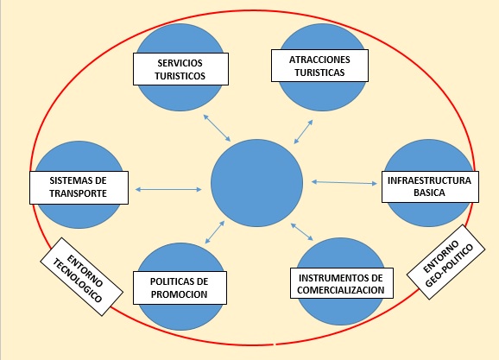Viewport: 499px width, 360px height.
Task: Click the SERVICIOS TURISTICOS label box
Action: pyautogui.click(x=180, y=69)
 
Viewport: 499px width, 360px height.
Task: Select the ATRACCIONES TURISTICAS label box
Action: pyautogui.click(x=319, y=66)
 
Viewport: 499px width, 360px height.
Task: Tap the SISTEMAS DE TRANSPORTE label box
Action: pyautogui.click(x=79, y=187)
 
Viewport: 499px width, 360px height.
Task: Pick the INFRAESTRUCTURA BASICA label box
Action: pyautogui.click(x=430, y=186)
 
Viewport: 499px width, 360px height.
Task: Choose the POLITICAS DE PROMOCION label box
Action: pyautogui.click(x=180, y=287)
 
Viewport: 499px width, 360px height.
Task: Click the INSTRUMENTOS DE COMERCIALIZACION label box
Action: pyautogui.click(x=342, y=283)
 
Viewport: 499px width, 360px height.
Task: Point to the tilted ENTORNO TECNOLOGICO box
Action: pyautogui.click(x=81, y=276)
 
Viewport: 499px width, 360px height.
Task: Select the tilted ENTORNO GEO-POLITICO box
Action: pyautogui.click(x=445, y=262)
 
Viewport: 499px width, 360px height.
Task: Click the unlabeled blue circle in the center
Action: pyautogui.click(x=256, y=183)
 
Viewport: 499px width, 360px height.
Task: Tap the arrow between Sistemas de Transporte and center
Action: pyautogui.click(x=168, y=189)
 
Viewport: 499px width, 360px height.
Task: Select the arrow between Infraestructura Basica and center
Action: pyautogui.click(x=344, y=183)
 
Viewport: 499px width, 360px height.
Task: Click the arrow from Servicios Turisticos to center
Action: pyautogui.click(x=217, y=128)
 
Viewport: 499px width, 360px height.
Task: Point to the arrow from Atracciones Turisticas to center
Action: pyautogui.click(x=303, y=132)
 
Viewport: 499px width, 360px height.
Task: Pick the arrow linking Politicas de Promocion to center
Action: pyautogui.click(x=215, y=232)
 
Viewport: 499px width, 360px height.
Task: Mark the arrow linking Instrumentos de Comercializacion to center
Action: pyautogui.click(x=302, y=231)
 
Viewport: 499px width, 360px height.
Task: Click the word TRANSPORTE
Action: pyautogui.click(x=79, y=193)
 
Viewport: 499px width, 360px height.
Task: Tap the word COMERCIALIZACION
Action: pyautogui.click(x=341, y=290)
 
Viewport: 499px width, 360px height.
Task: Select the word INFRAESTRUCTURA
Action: pyautogui.click(x=429, y=180)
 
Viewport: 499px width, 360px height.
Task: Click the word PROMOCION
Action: pyautogui.click(x=180, y=294)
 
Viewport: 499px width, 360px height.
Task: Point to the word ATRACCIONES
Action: pyautogui.click(x=319, y=60)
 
